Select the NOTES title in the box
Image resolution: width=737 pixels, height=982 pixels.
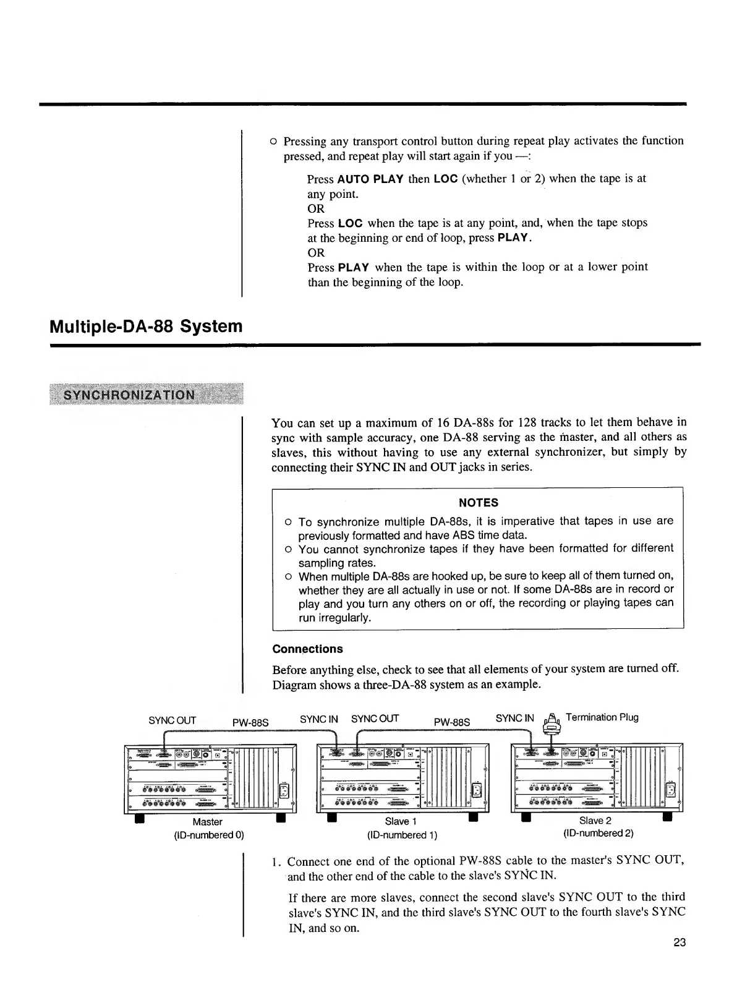point(478,503)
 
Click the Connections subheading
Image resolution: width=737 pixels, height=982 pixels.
point(307,649)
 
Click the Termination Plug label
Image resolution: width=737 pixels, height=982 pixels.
point(602,717)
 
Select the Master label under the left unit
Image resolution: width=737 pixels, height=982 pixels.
point(207,822)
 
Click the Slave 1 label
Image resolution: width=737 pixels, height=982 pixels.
point(401,821)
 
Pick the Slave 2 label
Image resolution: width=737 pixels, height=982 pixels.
point(595,821)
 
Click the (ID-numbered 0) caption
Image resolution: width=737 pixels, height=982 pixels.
point(208,835)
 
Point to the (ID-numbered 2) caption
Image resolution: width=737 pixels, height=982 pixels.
point(599,833)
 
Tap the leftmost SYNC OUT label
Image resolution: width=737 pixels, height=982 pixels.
point(172,720)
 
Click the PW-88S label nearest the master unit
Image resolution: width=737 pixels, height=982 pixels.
point(250,722)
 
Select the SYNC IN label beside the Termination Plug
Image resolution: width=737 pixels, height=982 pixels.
point(514,718)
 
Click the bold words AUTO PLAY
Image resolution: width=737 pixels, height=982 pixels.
point(370,179)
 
